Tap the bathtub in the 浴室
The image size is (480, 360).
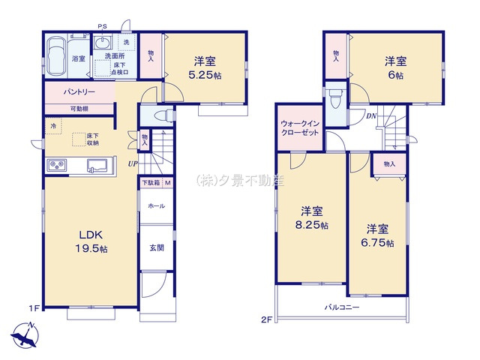[x=57, y=57]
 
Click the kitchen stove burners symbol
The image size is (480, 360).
[x=58, y=165]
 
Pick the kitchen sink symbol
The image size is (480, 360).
[x=98, y=165]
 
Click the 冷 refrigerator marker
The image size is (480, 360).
[x=53, y=125]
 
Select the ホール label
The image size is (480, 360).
[x=156, y=205]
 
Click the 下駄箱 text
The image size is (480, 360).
[x=151, y=183]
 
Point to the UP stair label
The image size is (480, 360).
[x=132, y=165]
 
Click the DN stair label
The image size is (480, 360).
[x=370, y=115]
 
